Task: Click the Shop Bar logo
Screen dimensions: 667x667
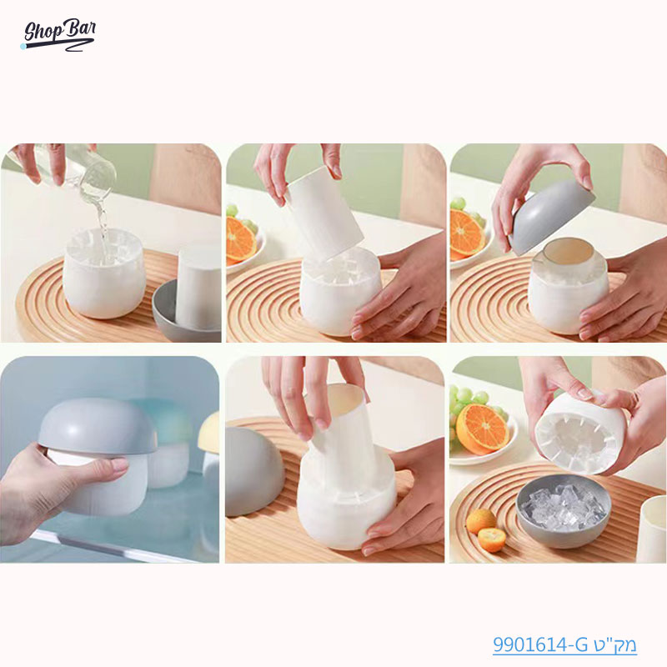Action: coord(58,34)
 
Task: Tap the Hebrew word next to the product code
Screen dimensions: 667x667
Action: coord(617,644)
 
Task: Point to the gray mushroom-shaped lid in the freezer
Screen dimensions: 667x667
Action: coord(98,427)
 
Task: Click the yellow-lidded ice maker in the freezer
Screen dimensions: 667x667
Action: coord(209,434)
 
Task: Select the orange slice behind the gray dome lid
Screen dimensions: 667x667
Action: coord(468,233)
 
